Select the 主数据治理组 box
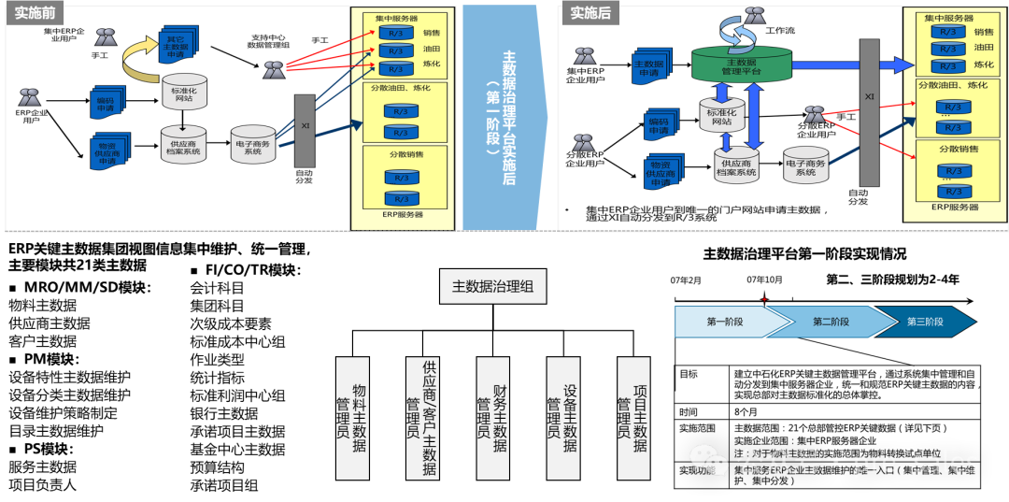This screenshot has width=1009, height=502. click(x=492, y=286)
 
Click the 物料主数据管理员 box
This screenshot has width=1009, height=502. click(x=352, y=418)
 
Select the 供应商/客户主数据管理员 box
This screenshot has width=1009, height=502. click(x=422, y=418)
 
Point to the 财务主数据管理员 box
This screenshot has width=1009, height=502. click(x=492, y=418)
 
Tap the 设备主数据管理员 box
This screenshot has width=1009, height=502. click(x=562, y=418)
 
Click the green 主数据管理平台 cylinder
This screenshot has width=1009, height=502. click(x=741, y=64)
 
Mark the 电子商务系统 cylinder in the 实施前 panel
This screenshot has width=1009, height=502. click(x=251, y=148)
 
